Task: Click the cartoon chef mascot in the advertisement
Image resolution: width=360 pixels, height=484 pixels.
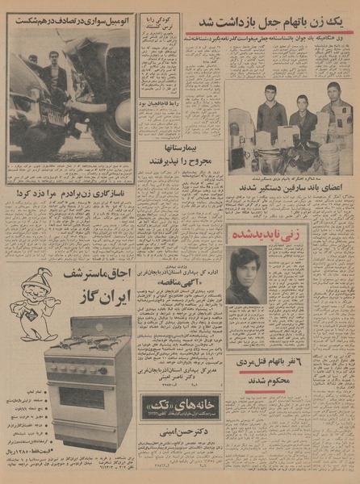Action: [32, 301]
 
